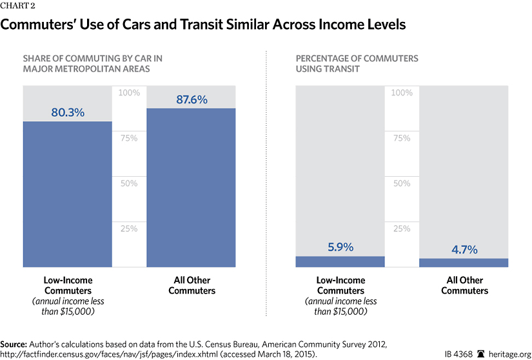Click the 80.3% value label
coord(68,113)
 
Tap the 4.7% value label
coord(464,250)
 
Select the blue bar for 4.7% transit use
coord(464,263)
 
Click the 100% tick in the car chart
coord(129,93)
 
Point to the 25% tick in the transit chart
coord(402,228)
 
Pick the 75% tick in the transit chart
coord(402,138)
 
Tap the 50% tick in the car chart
coord(129,183)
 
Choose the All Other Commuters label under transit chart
coord(464,285)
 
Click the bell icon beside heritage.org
coord(480,353)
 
